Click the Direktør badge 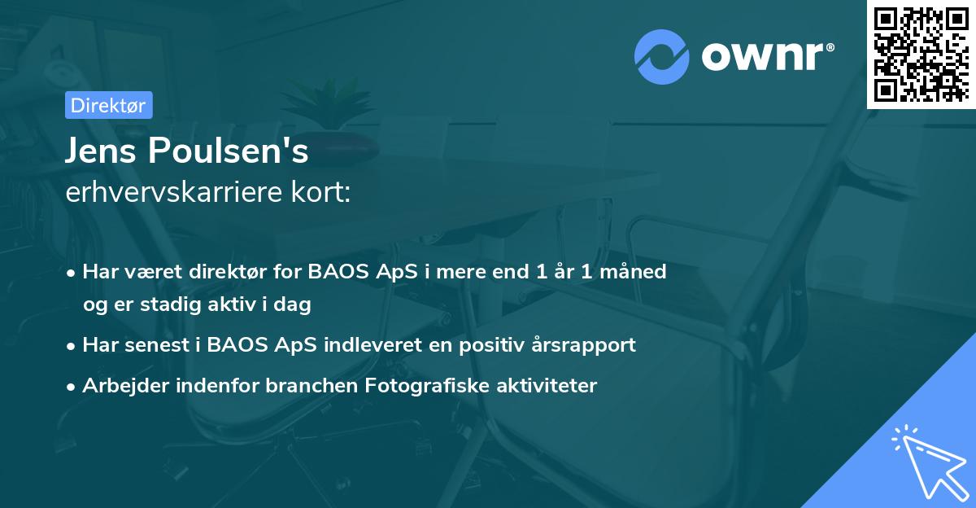point(108,105)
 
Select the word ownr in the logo point(765,57)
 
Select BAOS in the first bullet point(336,271)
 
